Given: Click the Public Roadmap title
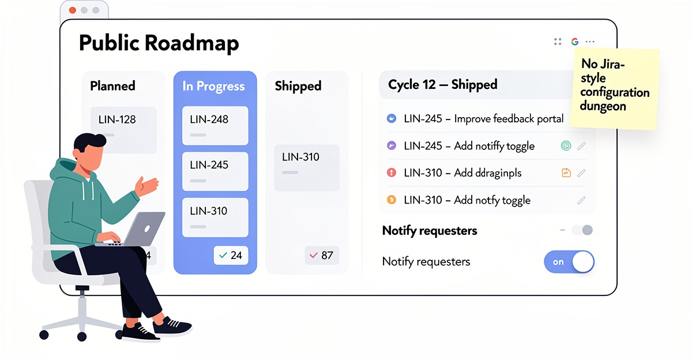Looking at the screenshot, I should coord(159,44).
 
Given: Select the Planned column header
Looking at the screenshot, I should coord(112,86).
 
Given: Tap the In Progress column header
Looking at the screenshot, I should coord(213,86).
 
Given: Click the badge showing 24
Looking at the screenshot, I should coord(231,255).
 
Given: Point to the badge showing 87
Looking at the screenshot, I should coord(322,255).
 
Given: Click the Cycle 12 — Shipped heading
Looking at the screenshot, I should coord(442,85).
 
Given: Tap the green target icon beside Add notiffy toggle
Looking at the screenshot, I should coord(566,146).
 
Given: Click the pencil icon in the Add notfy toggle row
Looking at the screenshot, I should coord(581,200).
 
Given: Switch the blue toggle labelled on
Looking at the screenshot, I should coord(569,262).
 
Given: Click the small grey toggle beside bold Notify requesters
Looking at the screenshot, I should coord(582,231).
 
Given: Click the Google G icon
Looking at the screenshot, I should coord(574,42).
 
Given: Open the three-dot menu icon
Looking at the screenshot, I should coord(590,42).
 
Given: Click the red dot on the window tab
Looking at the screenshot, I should coord(73,10).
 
